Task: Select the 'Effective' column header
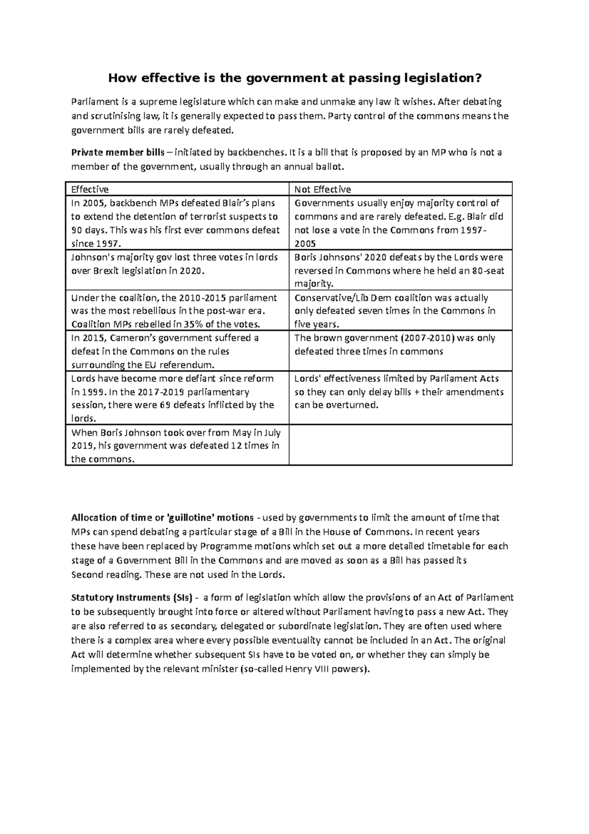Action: click(90, 190)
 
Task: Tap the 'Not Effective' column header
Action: click(322, 190)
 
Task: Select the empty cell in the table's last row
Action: click(400, 445)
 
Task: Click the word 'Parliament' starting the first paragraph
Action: click(93, 102)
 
